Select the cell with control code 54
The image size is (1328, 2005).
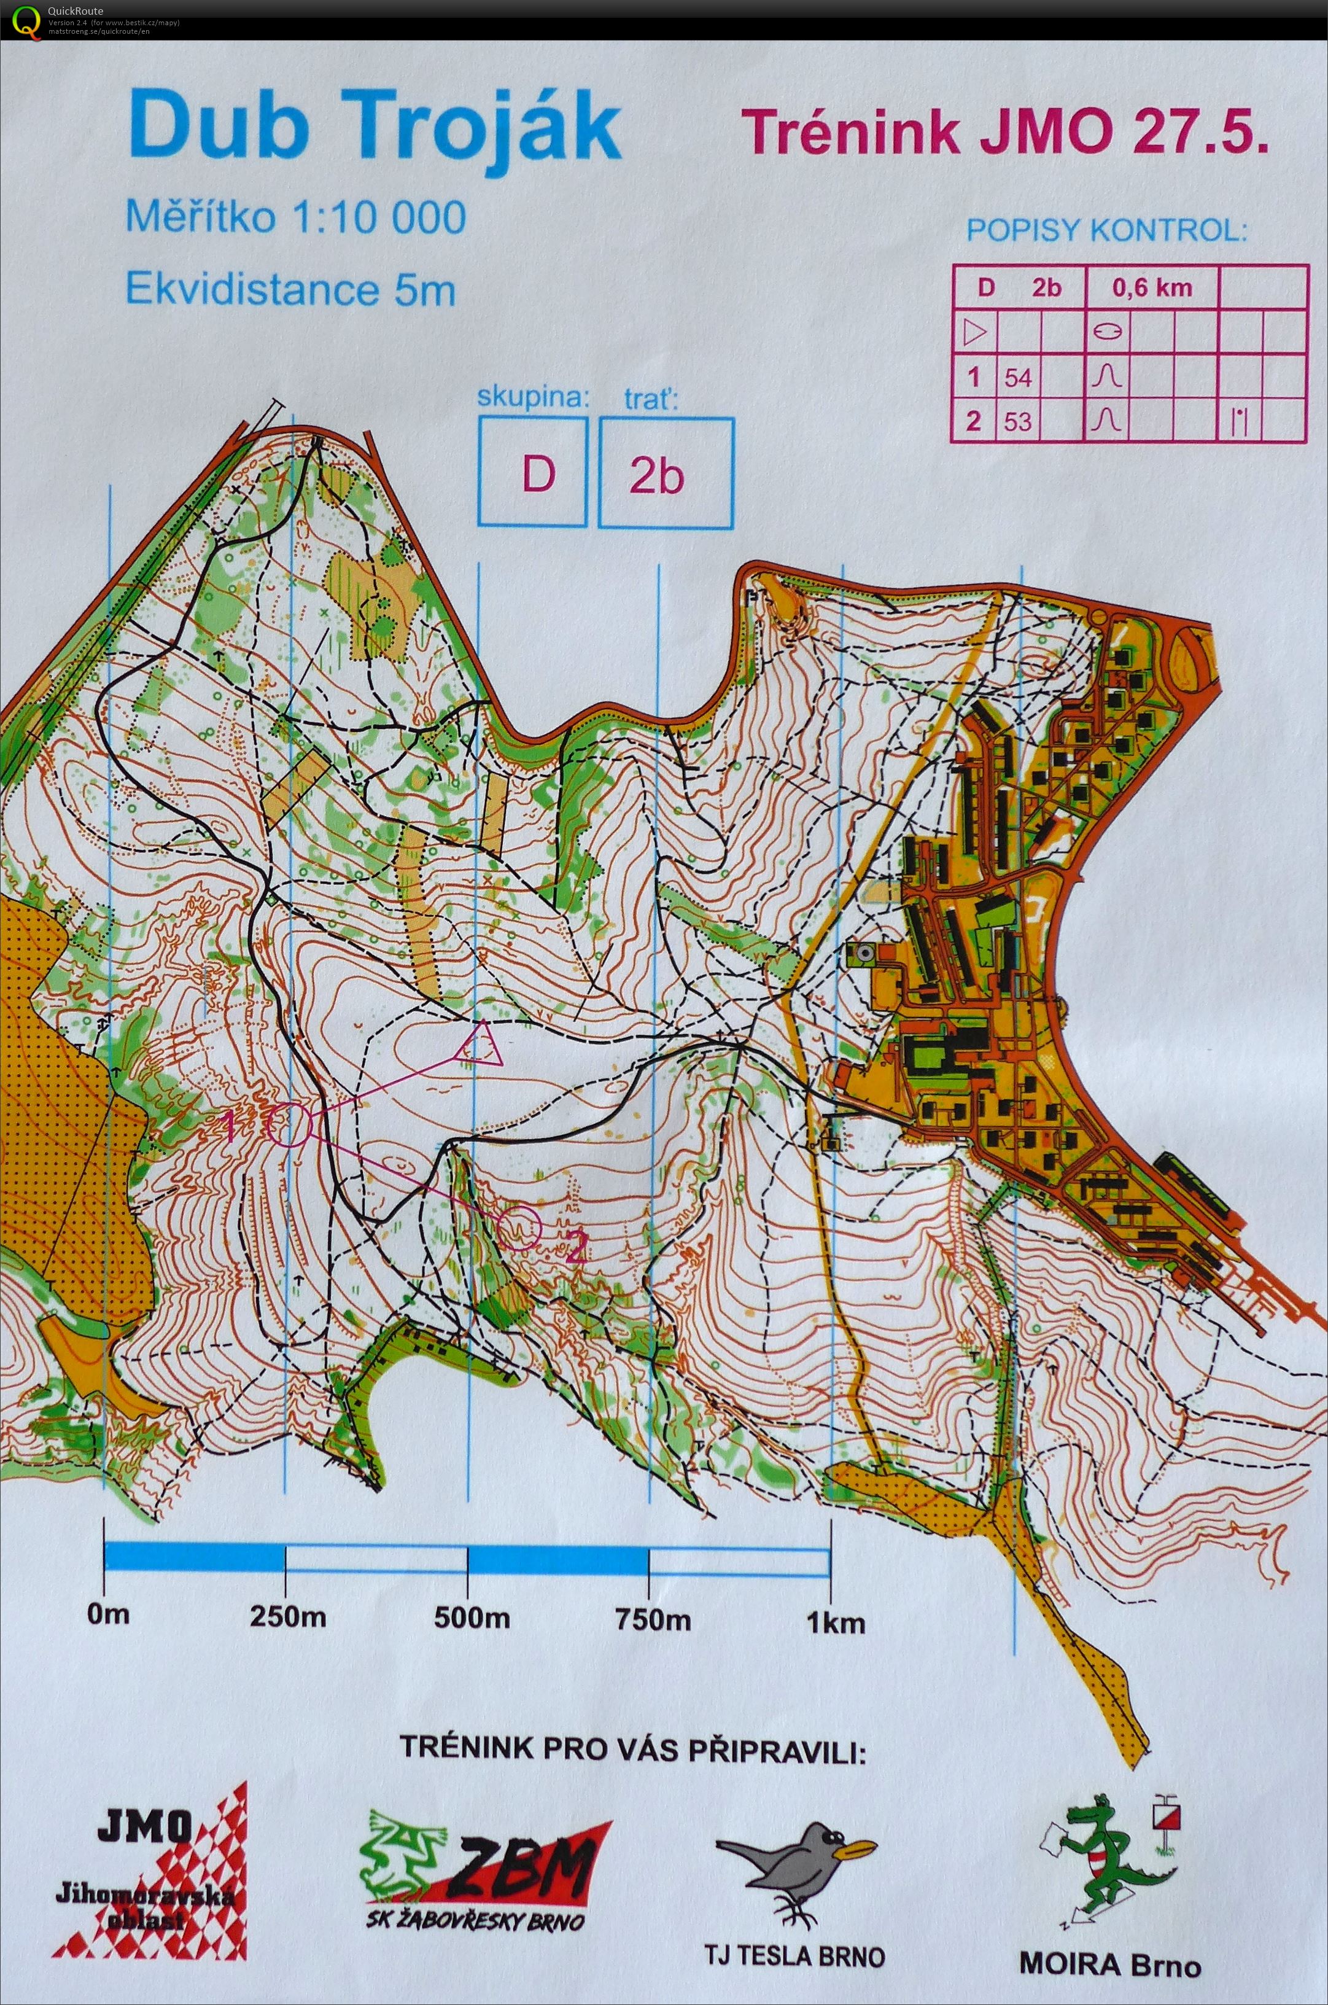coord(1018,377)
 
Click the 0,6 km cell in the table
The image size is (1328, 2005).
coord(1151,288)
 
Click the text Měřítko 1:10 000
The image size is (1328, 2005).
coord(295,217)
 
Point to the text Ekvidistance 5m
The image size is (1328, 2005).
coord(290,290)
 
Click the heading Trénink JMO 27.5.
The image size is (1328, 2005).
coord(1004,134)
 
